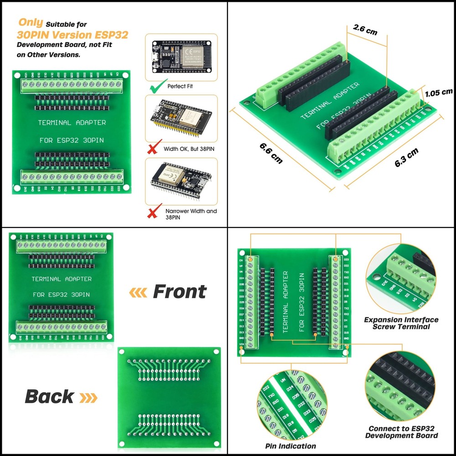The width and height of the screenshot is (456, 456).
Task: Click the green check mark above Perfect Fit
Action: pyautogui.click(x=155, y=85)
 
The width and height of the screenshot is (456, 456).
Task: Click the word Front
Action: pyautogui.click(x=179, y=291)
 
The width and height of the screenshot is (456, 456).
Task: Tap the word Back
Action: pyautogui.click(x=49, y=396)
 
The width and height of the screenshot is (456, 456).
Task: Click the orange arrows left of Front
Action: pyautogui.click(x=138, y=292)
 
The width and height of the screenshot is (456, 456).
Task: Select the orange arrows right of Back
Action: pyautogui.click(x=88, y=397)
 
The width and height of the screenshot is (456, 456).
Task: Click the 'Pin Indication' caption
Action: pyautogui.click(x=290, y=446)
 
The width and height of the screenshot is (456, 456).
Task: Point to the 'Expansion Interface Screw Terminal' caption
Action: pyautogui.click(x=401, y=323)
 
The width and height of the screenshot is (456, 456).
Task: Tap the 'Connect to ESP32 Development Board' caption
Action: pyautogui.click(x=401, y=432)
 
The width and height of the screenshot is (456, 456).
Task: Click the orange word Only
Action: pyautogui.click(x=31, y=23)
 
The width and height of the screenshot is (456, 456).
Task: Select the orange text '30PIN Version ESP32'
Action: pyautogui.click(x=72, y=35)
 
